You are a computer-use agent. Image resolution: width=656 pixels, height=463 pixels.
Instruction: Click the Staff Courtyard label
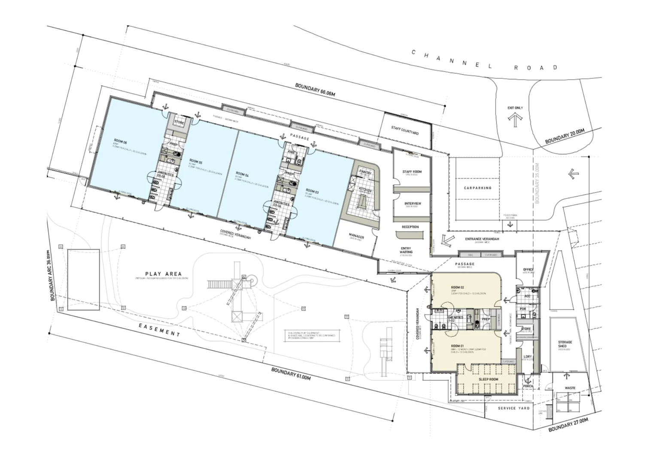pyautogui.click(x=404, y=130)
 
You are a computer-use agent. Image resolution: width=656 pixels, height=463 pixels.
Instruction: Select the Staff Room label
pyautogui.click(x=412, y=171)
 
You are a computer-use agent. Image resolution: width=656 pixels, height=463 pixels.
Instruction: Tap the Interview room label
pyautogui.click(x=413, y=204)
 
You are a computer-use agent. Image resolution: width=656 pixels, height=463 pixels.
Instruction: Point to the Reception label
pyautogui.click(x=410, y=227)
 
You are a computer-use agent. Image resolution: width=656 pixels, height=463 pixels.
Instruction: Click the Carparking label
pyautogui.click(x=477, y=188)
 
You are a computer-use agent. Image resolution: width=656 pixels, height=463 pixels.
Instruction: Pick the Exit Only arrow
pyautogui.click(x=515, y=119)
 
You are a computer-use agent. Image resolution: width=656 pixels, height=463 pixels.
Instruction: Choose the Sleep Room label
pyautogui.click(x=488, y=379)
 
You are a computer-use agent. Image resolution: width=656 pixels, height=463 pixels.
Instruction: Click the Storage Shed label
pyautogui.click(x=565, y=344)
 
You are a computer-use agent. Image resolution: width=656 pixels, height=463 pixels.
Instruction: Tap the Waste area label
pyautogui.click(x=570, y=388)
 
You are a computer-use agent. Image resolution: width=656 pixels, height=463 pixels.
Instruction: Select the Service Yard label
pyautogui.click(x=513, y=408)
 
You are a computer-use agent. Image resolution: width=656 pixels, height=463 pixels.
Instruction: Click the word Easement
pyautogui.click(x=159, y=330)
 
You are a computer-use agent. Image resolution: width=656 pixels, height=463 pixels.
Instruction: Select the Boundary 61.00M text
pyautogui.click(x=291, y=373)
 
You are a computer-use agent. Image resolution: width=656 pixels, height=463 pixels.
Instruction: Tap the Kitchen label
pyautogui.click(x=365, y=190)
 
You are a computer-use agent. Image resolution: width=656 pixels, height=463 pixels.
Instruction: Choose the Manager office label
pyautogui.click(x=356, y=237)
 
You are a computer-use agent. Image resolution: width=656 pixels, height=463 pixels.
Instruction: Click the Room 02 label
pyautogui.click(x=458, y=287)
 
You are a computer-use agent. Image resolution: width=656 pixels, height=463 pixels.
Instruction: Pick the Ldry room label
pyautogui.click(x=528, y=357)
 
